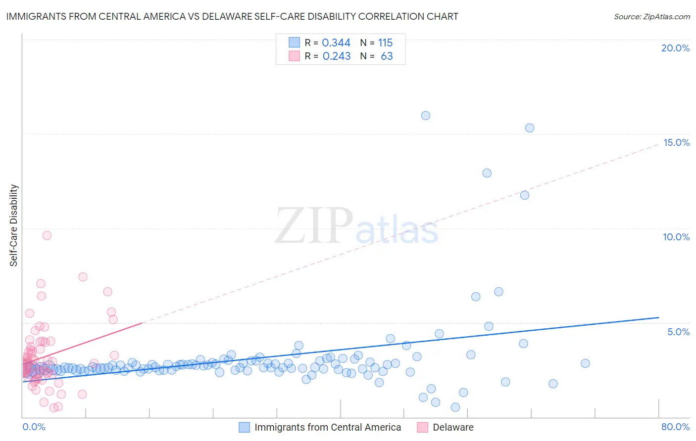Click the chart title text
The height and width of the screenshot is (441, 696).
coord(232,16)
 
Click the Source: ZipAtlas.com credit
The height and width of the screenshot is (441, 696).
coord(651,16)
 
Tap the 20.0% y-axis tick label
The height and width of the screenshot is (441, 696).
coord(675,48)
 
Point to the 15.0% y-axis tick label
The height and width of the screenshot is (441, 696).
coord(676,142)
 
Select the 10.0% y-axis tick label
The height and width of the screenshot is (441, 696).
coord(676,237)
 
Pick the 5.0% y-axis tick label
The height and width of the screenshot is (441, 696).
coord(678,332)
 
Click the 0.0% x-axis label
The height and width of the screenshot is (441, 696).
coord(34,427)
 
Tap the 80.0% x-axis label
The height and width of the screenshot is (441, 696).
coord(675,427)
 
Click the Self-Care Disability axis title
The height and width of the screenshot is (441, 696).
coord(14,225)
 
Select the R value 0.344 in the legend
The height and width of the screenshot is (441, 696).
coord(336,43)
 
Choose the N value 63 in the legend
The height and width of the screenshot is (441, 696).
coord(387,56)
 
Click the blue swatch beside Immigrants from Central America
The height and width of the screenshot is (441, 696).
coord(245,427)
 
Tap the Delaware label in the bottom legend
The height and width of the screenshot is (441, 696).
coord(453,427)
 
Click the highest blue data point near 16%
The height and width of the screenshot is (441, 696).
coord(426,116)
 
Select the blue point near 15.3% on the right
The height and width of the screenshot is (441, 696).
coord(530,128)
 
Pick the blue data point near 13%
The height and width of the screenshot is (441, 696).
coord(487,173)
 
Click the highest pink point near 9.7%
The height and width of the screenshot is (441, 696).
coord(47,235)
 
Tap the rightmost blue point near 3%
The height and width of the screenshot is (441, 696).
coord(585,363)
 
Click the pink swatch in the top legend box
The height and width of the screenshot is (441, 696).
coord(295,56)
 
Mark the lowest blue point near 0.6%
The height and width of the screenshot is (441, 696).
coord(455,407)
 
